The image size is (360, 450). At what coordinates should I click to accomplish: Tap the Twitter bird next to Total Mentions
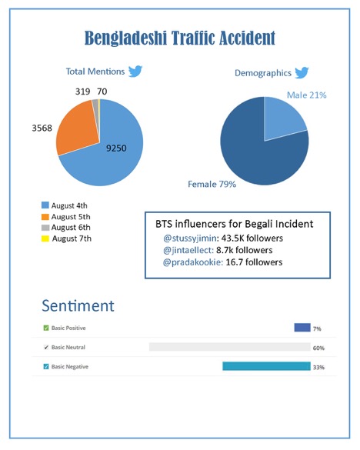(x=135, y=72)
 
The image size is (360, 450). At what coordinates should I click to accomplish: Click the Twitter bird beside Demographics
(x=302, y=72)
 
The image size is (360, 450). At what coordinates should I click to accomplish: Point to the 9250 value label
(x=116, y=148)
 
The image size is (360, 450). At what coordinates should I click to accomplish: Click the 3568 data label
(x=42, y=128)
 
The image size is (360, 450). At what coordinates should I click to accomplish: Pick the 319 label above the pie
(x=82, y=92)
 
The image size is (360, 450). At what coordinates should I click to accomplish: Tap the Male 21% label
(x=307, y=95)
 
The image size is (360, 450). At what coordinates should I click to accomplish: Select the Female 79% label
(x=212, y=184)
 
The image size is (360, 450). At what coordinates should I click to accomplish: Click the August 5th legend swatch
(x=45, y=217)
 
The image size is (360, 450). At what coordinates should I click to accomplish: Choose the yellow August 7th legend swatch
(x=45, y=238)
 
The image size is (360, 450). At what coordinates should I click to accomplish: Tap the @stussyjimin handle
(x=190, y=238)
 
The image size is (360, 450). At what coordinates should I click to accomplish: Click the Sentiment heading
(x=78, y=305)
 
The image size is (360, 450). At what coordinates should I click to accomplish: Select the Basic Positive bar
(x=302, y=328)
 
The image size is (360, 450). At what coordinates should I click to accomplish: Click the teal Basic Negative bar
(x=266, y=366)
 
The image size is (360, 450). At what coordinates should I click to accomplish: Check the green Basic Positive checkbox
(x=46, y=328)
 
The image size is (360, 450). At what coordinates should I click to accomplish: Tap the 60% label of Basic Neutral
(x=318, y=348)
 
